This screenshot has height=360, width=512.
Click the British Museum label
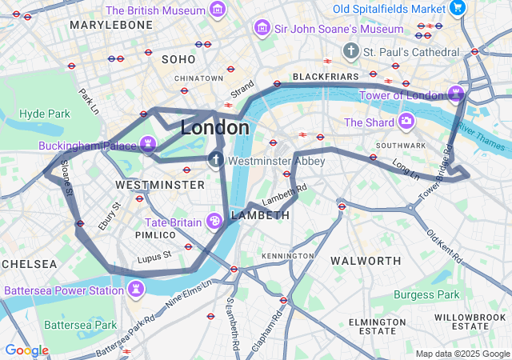point(155,10)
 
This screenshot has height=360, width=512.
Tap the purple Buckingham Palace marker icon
point(147,144)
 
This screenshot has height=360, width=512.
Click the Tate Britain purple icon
point(214,221)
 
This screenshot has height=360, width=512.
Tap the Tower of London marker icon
point(456,93)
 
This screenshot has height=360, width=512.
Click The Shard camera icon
point(406,122)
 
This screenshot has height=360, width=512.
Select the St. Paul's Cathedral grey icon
point(350,51)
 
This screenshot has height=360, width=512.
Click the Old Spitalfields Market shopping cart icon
point(457,9)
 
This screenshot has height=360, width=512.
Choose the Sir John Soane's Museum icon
point(261,30)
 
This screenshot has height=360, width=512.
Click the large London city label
point(214,128)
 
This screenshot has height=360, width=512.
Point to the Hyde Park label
point(45,114)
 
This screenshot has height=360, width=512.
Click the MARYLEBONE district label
point(110,26)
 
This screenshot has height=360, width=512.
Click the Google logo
point(26,350)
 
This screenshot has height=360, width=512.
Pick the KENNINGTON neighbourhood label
point(288,256)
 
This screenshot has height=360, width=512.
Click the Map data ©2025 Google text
point(462,354)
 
